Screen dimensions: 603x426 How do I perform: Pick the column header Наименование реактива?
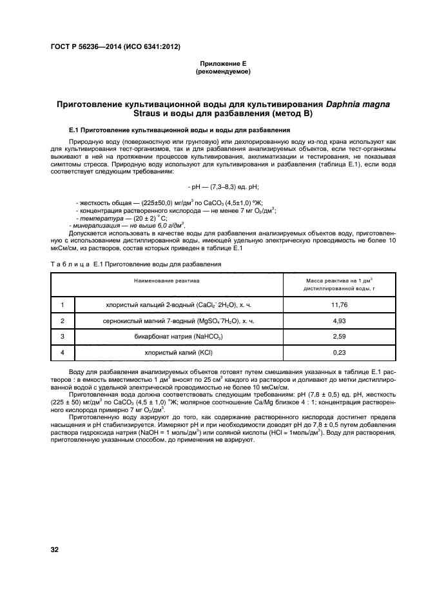click(x=167, y=281)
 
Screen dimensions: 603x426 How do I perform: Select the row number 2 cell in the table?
click(x=63, y=321)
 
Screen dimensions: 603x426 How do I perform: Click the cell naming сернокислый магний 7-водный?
click(x=179, y=321)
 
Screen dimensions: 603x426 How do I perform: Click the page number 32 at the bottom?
click(x=55, y=549)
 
